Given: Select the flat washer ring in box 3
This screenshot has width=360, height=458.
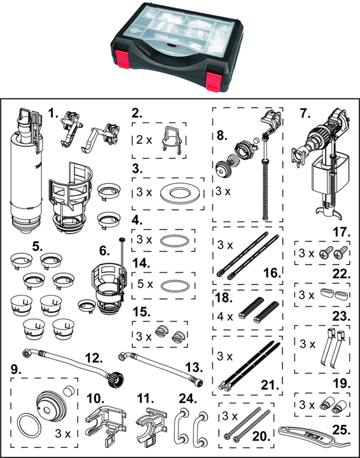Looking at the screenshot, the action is (x=181, y=193).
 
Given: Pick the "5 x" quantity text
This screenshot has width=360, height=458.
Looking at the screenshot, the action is (x=145, y=284).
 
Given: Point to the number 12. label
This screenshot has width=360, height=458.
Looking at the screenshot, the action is (x=94, y=357).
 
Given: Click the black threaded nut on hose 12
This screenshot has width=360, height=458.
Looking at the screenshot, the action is (x=115, y=379).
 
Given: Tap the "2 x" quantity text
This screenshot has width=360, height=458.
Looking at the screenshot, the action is (x=144, y=140).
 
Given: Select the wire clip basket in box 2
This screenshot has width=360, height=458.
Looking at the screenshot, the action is (x=172, y=139).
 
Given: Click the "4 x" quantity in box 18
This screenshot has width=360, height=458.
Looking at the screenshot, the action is (x=225, y=316).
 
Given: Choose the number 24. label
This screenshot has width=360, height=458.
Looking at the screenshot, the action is (x=188, y=398).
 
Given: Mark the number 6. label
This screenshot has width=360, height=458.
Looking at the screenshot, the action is (x=104, y=251).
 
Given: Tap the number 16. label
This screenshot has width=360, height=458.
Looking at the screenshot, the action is (x=272, y=273).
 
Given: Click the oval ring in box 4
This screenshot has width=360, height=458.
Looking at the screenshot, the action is (x=175, y=241).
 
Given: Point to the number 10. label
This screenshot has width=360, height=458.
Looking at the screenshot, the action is (x=95, y=398).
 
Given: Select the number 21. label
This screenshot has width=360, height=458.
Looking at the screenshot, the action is (x=270, y=385).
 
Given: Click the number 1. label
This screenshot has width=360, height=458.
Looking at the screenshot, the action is (x=53, y=113).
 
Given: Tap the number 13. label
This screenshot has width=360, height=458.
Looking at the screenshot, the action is (x=194, y=367).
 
